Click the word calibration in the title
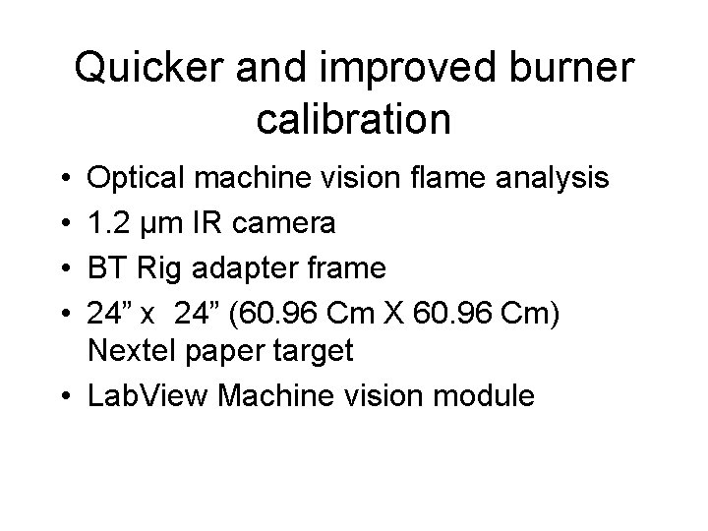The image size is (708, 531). pyautogui.click(x=353, y=119)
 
